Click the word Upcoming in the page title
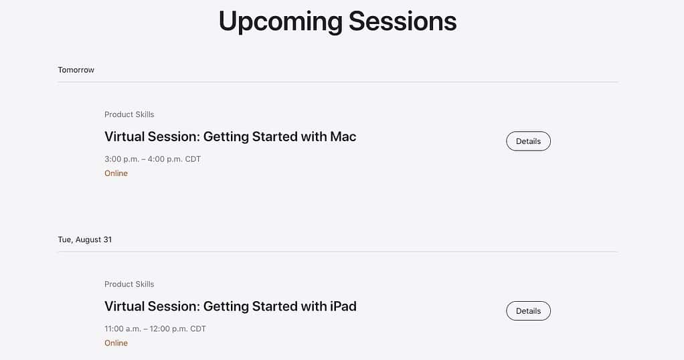[280, 21]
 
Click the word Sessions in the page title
[402, 21]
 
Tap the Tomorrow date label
[76, 70]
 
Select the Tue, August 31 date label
[84, 240]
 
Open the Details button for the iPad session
[528, 310]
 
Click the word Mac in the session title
[343, 137]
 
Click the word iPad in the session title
[343, 306]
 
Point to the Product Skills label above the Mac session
[129, 114]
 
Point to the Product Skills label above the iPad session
[129, 284]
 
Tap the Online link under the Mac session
[116, 173]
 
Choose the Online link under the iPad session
[116, 343]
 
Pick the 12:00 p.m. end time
[171, 329]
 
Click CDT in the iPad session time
[198, 329]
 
